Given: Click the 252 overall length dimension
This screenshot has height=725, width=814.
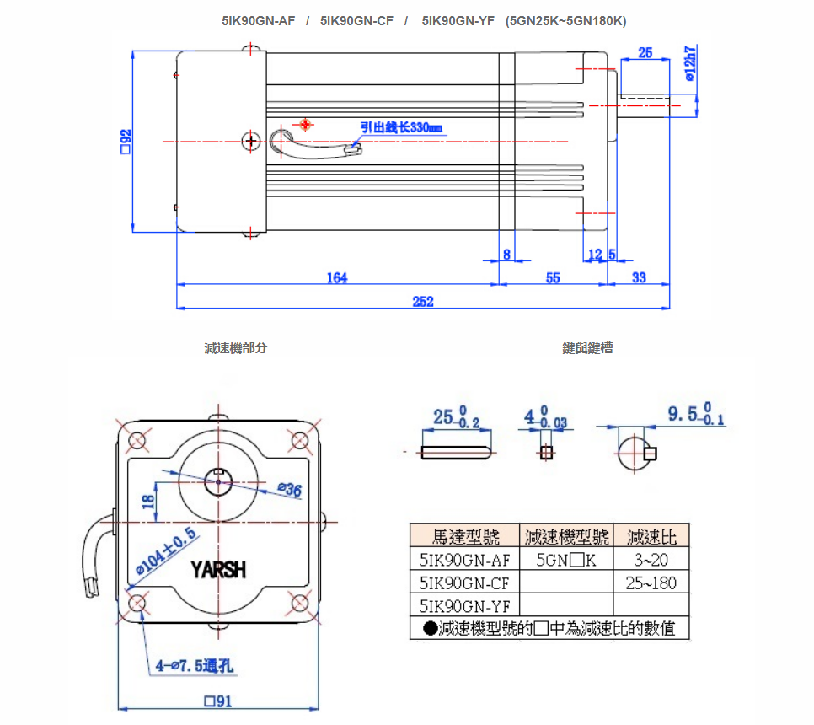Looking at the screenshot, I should click(x=423, y=302).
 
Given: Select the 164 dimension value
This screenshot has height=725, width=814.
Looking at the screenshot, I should click(x=337, y=278).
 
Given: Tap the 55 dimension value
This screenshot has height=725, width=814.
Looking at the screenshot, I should click(x=553, y=278).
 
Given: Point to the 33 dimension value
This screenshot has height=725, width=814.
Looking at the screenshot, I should click(x=639, y=278).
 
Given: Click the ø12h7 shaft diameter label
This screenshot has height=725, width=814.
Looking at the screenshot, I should click(x=689, y=64).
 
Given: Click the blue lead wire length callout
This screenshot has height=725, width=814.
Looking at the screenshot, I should click(x=401, y=127).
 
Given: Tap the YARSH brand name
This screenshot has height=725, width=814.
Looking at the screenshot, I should click(x=218, y=570).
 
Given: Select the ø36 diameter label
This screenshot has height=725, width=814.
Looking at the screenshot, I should click(x=289, y=490).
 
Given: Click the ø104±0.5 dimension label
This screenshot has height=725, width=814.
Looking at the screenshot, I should click(x=165, y=552).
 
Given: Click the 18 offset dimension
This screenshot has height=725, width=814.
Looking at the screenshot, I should click(x=148, y=501).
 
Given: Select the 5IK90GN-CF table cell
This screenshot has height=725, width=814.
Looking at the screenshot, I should click(x=464, y=583).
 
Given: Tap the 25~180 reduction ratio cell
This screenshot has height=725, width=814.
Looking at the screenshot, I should click(x=651, y=583).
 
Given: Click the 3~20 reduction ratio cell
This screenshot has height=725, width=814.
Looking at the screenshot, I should click(x=651, y=559).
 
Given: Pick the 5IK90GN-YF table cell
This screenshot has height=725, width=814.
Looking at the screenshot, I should click(x=464, y=605).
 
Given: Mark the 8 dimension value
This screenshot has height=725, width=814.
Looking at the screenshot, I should click(x=506, y=255).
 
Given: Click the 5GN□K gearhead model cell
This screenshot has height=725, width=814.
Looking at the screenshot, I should click(x=566, y=559).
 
